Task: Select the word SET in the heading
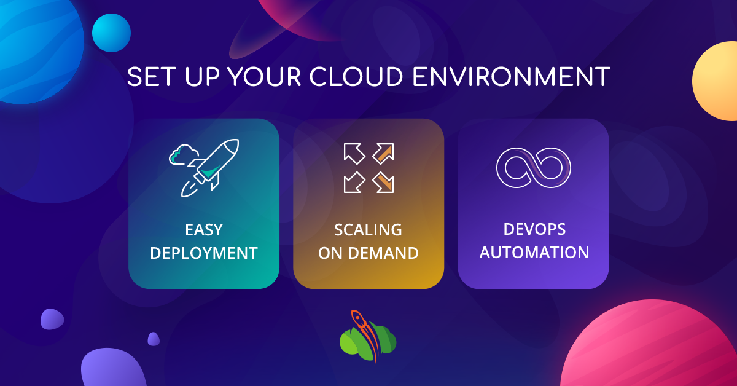coord(148,77)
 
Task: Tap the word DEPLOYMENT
coord(204,253)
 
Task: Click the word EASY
coord(204,230)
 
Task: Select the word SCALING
coord(368,230)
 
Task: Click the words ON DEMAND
coord(368,253)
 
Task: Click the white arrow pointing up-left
coord(354,153)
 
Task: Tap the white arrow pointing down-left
coord(354,181)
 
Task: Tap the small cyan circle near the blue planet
coord(111,33)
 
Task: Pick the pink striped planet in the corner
coord(663,350)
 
